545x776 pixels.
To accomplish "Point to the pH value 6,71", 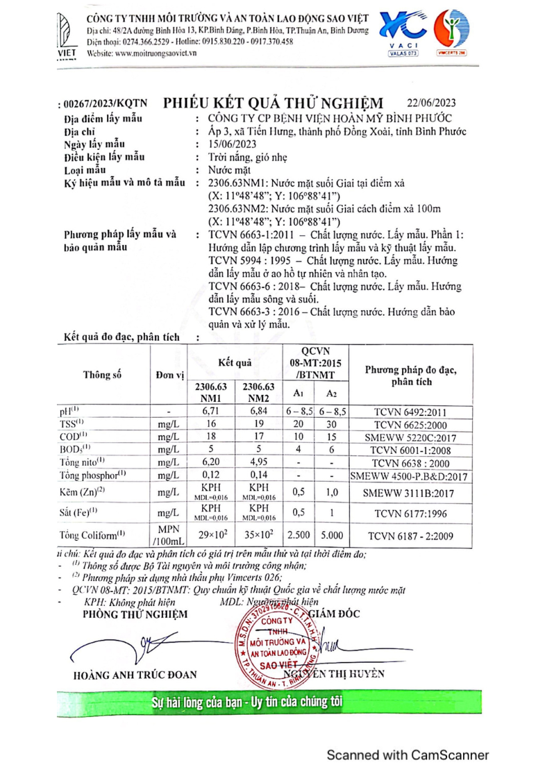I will coord(211,411).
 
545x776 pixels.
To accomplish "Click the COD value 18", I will coord(211,437).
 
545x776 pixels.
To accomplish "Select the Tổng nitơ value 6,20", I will coord(211,462).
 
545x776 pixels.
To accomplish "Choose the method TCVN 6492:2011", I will coord(411,411).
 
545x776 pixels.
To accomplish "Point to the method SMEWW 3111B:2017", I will coord(411,491).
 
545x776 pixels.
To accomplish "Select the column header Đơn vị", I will coord(169,375).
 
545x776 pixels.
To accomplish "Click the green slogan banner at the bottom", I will coord(272,702).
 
